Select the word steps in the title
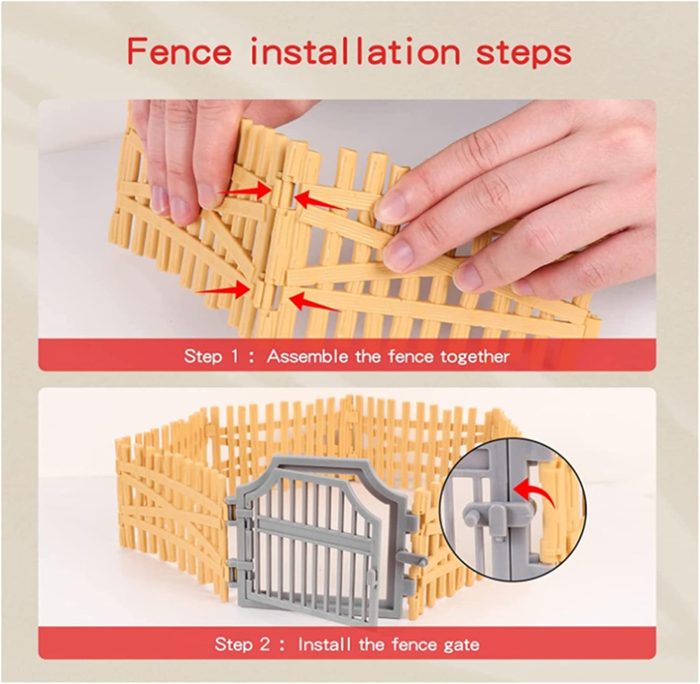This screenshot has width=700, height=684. pos(524,54)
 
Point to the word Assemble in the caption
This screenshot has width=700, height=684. pos(308,357)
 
